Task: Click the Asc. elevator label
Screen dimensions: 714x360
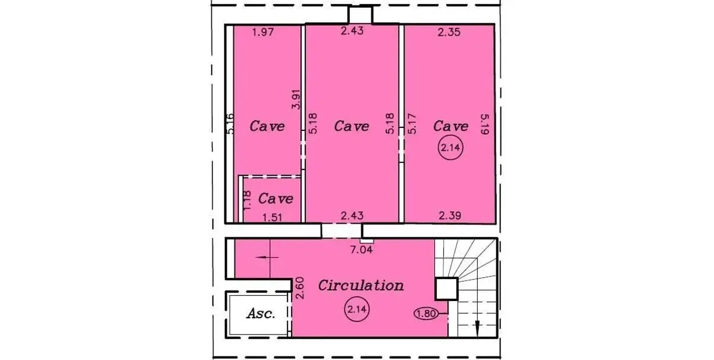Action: coord(261,314)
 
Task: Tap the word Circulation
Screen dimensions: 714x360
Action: coord(361,285)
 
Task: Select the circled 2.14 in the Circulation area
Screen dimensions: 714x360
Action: coord(357,309)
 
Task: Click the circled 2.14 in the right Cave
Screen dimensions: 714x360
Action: coord(450,148)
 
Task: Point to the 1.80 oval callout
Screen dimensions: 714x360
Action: coord(426,314)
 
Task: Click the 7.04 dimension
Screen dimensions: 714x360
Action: coord(361,249)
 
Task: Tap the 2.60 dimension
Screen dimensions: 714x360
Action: coord(300,288)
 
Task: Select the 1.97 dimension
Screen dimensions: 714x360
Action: coord(263,32)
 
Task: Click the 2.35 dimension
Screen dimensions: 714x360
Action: coord(449,32)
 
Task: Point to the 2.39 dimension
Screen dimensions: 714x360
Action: coord(450,216)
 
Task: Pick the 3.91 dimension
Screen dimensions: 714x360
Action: coord(296,99)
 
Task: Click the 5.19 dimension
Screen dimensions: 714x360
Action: coord(484,124)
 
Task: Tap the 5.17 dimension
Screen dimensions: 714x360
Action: coord(412,124)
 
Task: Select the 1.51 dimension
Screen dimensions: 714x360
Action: coord(273,217)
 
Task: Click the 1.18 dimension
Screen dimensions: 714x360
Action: coord(247,201)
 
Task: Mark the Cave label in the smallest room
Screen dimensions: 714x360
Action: coord(275,199)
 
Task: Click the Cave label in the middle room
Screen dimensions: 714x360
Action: coord(352,126)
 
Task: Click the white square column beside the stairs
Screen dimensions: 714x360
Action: coord(447,289)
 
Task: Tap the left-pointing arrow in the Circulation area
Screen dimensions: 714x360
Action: coord(267,257)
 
